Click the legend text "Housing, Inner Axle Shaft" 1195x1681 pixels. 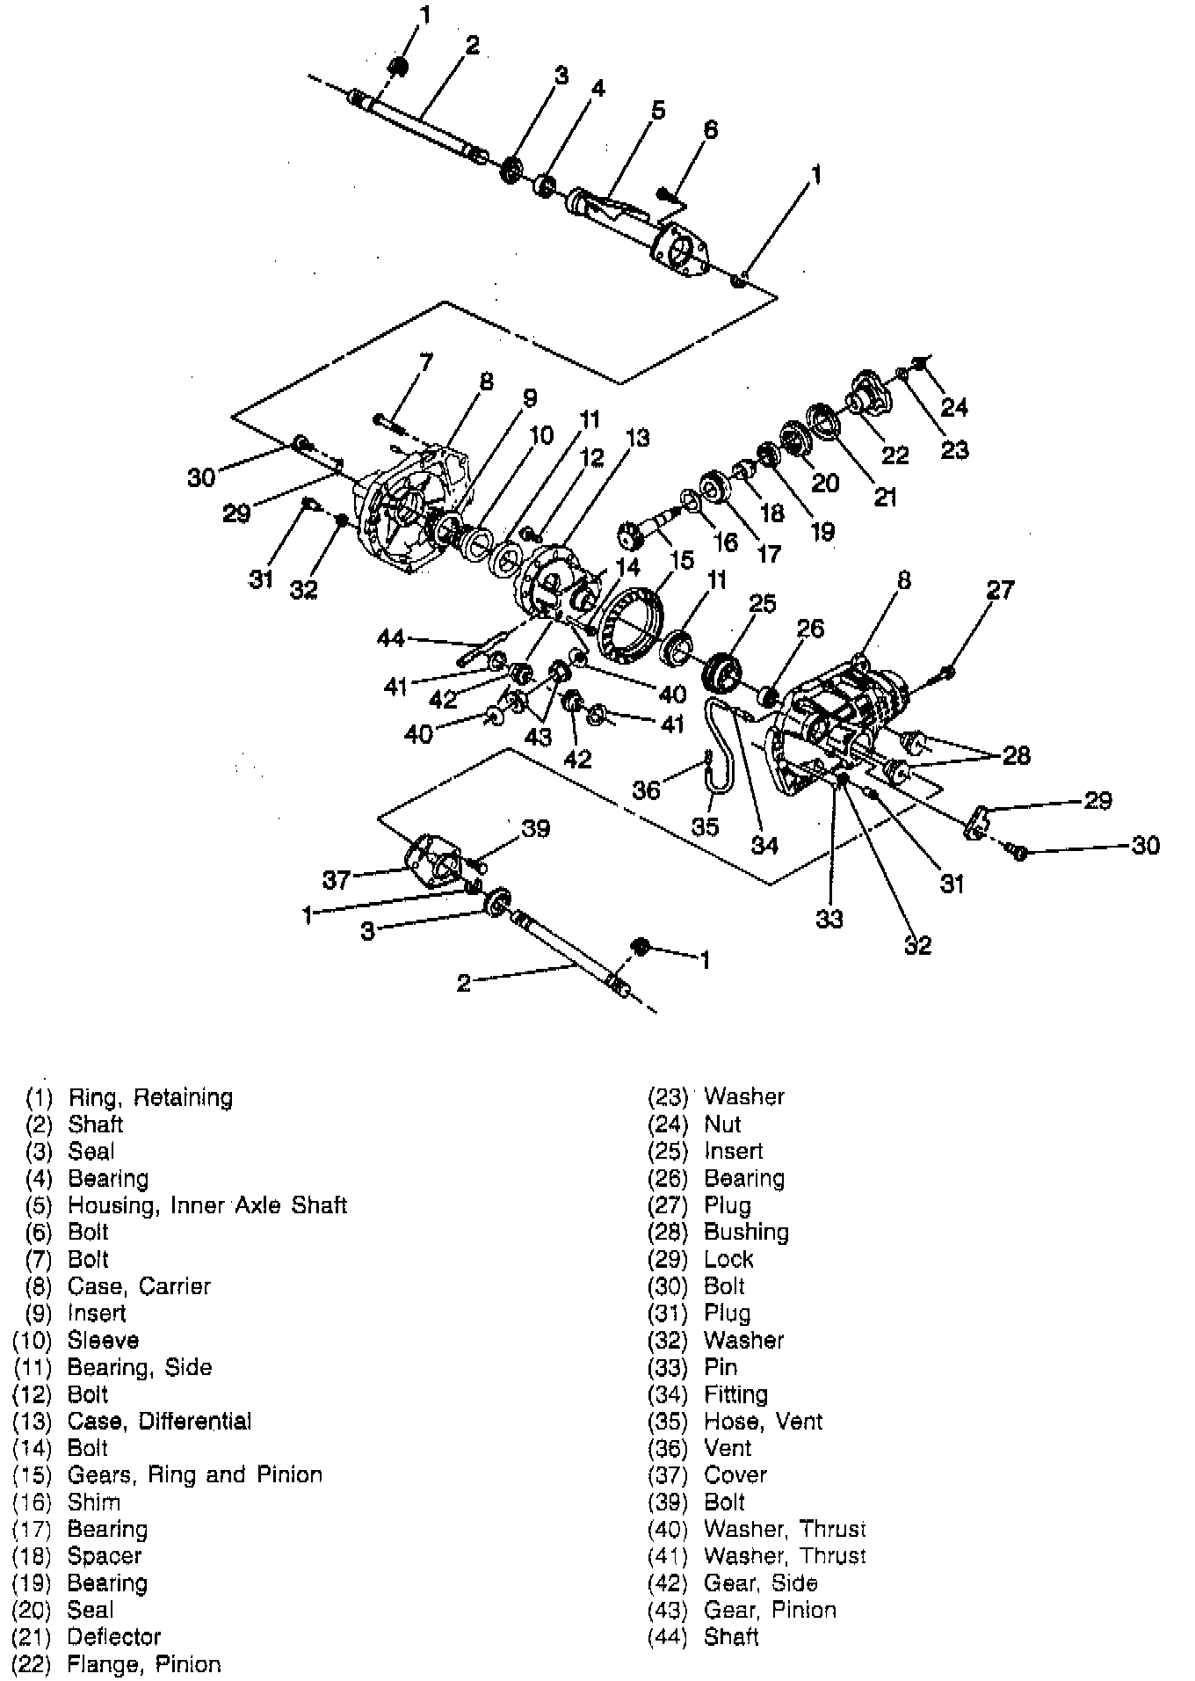tap(207, 1204)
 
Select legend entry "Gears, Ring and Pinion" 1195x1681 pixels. tap(195, 1474)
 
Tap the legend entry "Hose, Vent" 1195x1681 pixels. tap(763, 1421)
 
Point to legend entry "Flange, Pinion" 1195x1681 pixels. tap(144, 1663)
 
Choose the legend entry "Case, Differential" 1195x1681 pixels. tap(159, 1421)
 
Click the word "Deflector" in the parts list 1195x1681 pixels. tap(114, 1636)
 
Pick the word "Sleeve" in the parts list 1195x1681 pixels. tap(103, 1340)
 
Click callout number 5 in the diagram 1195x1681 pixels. tap(657, 110)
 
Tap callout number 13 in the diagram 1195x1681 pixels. tap(637, 437)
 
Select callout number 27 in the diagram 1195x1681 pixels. tap(1000, 588)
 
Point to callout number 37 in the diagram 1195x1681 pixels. tap(337, 878)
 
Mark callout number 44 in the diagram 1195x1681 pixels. tap(391, 637)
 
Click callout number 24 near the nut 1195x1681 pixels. tap(953, 406)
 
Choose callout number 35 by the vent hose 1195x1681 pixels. tap(705, 826)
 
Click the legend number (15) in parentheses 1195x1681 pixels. tap(33, 1474)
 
